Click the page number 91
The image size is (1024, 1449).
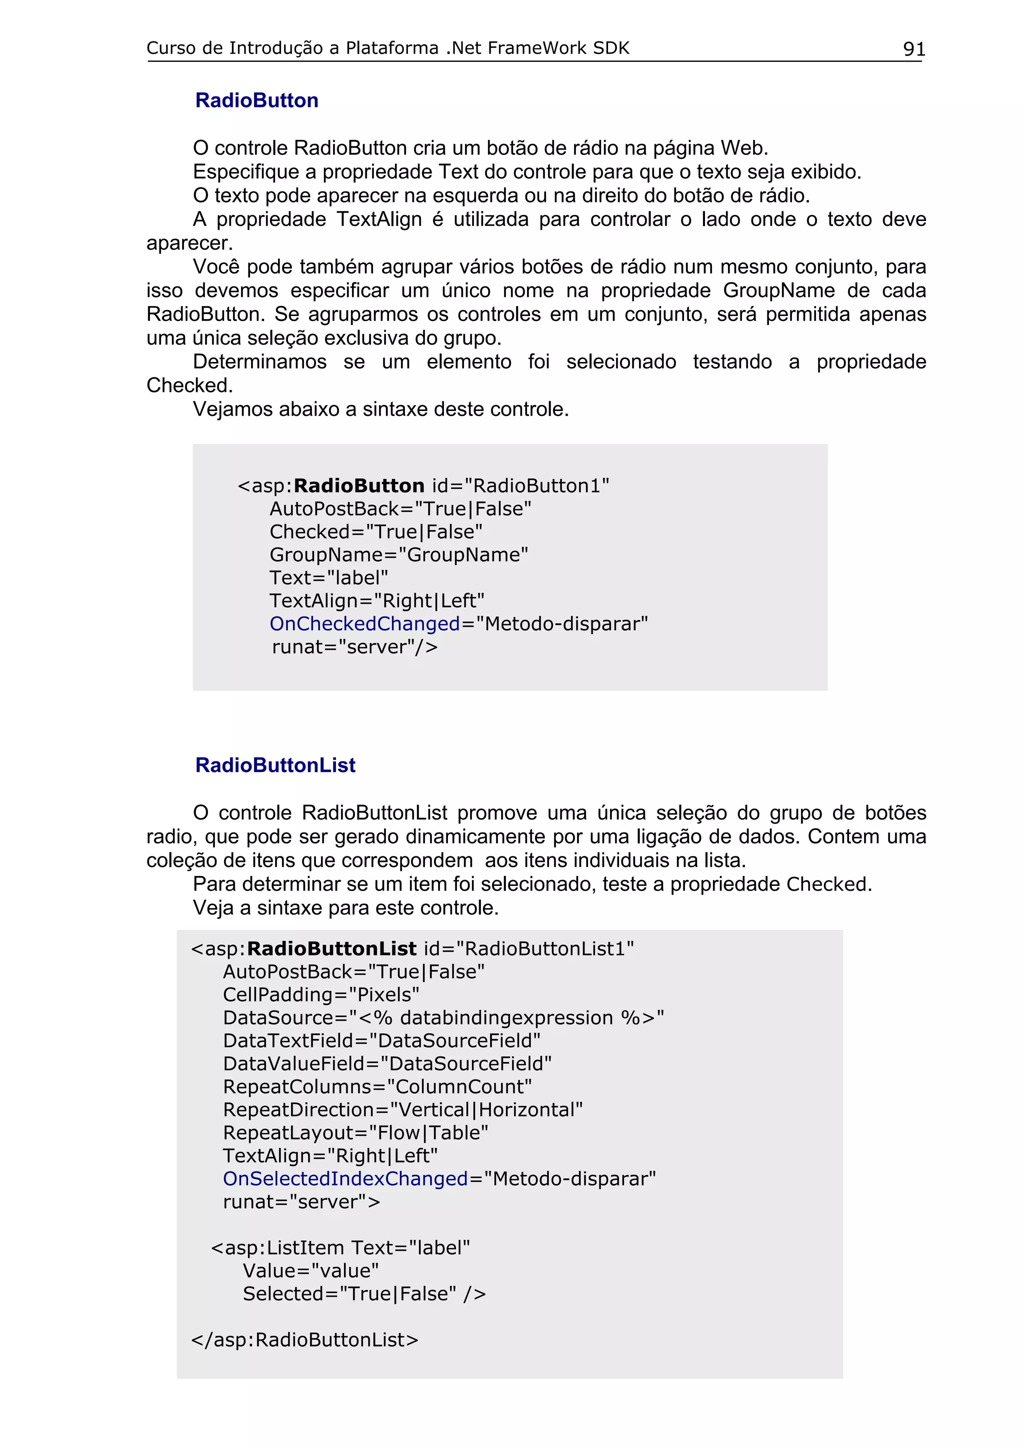tap(913, 48)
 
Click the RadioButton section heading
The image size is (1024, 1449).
tap(257, 100)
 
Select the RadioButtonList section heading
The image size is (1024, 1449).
tap(275, 765)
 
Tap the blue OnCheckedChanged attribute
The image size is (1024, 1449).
tap(364, 623)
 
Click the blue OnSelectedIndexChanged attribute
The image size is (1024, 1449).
tap(345, 1178)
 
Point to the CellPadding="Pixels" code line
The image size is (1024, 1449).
tap(320, 994)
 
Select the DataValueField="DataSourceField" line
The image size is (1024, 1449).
tap(387, 1063)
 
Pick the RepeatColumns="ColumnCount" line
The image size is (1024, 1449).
tap(377, 1087)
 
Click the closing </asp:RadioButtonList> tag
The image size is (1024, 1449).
tap(304, 1339)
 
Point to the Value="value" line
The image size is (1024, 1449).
tap(310, 1270)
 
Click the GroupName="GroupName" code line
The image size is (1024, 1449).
tap(398, 554)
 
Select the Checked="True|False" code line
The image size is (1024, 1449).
tap(376, 531)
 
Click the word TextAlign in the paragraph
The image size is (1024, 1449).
tap(378, 219)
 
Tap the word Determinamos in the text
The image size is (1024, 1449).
tap(259, 361)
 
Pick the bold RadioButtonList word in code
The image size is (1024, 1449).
tap(331, 948)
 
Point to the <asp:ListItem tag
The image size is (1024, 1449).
tap(279, 1247)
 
